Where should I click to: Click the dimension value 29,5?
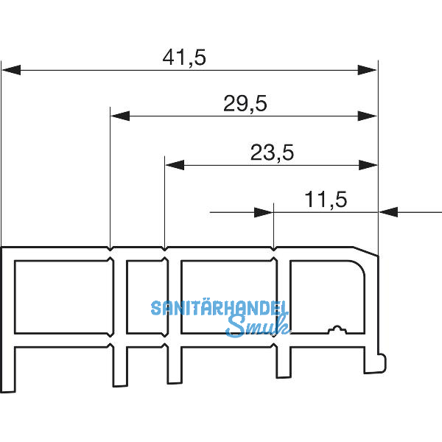point(245,104)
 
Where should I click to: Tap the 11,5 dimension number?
point(325,199)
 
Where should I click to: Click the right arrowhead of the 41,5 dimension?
point(368,70)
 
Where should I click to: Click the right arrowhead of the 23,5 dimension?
point(368,165)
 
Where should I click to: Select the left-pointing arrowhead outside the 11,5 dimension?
point(388,212)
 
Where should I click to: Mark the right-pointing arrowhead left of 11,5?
point(264,212)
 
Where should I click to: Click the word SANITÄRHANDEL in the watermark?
point(220,308)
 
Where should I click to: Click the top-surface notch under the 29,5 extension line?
point(110,248)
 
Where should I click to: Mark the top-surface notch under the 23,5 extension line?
point(164,248)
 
